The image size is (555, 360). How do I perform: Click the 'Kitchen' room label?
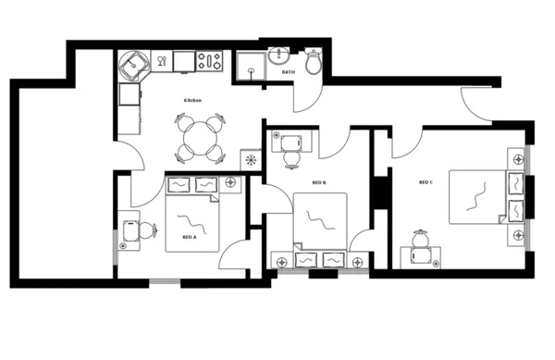[x=192, y=100]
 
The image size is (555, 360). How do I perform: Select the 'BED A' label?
[x=188, y=237]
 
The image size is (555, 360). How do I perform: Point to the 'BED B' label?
[x=319, y=183]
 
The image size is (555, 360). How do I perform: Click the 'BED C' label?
[x=425, y=182]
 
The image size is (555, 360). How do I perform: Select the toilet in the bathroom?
[x=313, y=62]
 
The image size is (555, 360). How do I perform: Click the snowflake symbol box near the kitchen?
[x=250, y=160]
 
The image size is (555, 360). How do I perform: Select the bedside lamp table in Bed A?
[x=230, y=183]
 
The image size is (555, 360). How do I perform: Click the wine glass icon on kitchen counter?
[x=161, y=62]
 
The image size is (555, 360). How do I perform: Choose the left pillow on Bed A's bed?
[x=180, y=184]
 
